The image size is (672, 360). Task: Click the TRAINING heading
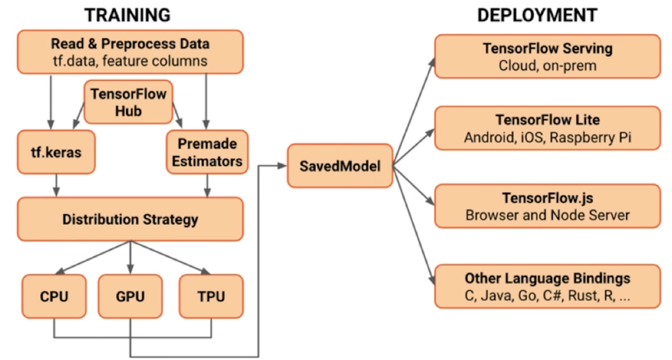tap(128, 15)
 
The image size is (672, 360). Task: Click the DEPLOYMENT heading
tap(537, 15)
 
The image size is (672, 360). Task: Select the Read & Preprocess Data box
tap(130, 52)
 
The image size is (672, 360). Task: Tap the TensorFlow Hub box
tap(128, 102)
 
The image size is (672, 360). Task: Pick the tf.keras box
tap(56, 152)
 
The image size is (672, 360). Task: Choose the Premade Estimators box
tap(207, 152)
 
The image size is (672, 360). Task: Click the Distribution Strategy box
tap(130, 219)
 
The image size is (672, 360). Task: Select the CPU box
tap(54, 296)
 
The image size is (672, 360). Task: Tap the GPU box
tap(130, 296)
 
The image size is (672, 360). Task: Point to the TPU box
tap(212, 296)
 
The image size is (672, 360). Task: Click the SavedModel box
tap(340, 166)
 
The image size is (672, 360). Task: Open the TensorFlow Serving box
tap(548, 57)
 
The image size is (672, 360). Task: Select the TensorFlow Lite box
tap(548, 128)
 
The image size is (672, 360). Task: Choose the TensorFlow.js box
tap(548, 206)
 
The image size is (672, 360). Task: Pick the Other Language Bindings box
tap(548, 286)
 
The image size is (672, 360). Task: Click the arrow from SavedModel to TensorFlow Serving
tap(414, 112)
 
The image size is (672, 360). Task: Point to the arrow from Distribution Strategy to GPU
tap(130, 257)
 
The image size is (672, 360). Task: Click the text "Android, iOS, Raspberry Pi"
tap(548, 137)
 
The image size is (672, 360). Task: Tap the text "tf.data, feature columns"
tap(130, 61)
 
